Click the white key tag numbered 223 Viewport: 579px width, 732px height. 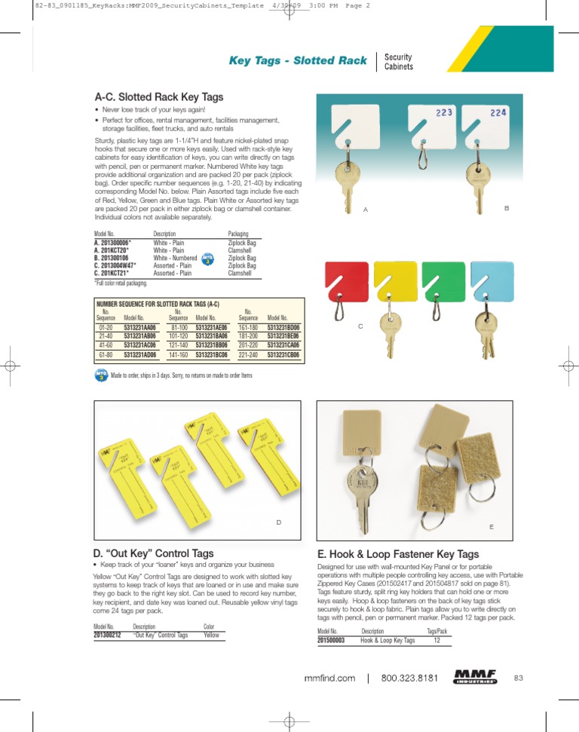pos(430,121)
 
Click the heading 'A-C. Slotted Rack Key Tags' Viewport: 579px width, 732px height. pos(158,97)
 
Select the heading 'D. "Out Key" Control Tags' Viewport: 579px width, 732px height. pos(153,553)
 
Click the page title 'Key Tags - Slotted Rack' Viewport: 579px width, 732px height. pos(298,60)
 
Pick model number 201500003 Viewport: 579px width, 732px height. pos(331,640)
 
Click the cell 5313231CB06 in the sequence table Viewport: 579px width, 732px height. pos(283,354)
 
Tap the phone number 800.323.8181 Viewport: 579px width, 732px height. pos(409,678)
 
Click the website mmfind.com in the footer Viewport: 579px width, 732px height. pos(329,678)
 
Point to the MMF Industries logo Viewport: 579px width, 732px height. pos(476,676)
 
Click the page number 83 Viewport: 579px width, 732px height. pos(519,677)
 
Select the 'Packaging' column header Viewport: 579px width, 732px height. pos(238,234)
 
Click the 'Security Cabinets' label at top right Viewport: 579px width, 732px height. pos(399,62)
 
